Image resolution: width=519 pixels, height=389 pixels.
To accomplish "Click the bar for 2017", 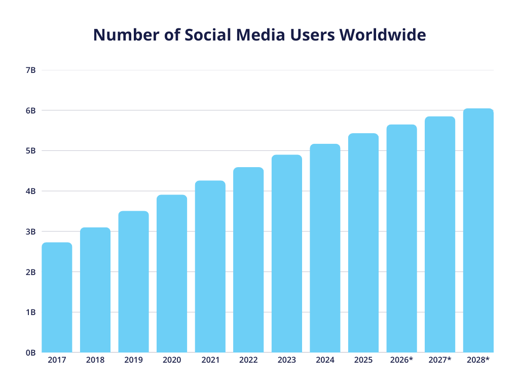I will [x=57, y=297].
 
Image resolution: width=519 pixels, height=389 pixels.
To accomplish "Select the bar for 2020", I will [x=172, y=274].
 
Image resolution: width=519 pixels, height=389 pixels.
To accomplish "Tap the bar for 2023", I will [x=286, y=253].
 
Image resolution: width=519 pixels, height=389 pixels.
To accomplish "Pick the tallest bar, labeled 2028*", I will [x=478, y=230].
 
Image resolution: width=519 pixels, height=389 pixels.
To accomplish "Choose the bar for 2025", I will [x=363, y=243].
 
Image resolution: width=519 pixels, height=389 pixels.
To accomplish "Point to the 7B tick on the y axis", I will [x=30, y=70].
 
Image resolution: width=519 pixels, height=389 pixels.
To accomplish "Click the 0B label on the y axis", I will [x=30, y=353].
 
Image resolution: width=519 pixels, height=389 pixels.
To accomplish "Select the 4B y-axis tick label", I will [x=30, y=191].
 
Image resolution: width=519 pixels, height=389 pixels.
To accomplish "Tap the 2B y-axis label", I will [x=30, y=272].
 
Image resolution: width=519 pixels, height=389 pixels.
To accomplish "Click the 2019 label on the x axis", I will [x=133, y=360].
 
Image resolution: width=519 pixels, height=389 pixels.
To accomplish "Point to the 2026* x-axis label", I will [x=401, y=360].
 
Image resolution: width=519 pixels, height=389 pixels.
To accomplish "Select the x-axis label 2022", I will [x=248, y=360].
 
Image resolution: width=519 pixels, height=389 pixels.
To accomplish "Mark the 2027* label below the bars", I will [x=440, y=360].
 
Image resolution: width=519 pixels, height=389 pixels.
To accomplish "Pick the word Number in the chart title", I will [x=122, y=35].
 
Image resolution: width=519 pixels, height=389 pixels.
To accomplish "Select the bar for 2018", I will [x=95, y=290].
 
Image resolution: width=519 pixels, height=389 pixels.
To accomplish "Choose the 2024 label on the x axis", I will [x=325, y=360].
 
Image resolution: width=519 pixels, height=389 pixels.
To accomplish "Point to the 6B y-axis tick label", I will [x=30, y=110].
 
